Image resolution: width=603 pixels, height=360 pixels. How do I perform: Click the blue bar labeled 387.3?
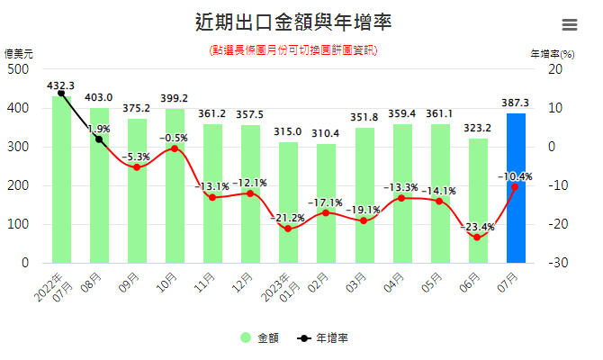point(516,189)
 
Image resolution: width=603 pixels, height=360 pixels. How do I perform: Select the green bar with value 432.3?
point(61,180)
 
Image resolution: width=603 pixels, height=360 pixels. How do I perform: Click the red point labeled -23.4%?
point(477,238)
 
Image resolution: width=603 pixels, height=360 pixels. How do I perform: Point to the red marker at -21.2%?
point(288,229)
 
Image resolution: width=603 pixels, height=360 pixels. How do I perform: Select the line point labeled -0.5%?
point(174,148)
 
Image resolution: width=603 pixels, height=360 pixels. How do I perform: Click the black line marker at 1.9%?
point(99,139)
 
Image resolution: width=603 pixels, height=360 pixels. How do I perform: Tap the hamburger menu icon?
point(570,25)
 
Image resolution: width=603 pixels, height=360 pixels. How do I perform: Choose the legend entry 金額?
point(261,338)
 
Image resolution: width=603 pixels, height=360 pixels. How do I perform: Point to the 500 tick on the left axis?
point(19,69)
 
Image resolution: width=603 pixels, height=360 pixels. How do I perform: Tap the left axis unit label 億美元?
point(19,53)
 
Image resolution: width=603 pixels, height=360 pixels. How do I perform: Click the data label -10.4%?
point(515,176)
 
